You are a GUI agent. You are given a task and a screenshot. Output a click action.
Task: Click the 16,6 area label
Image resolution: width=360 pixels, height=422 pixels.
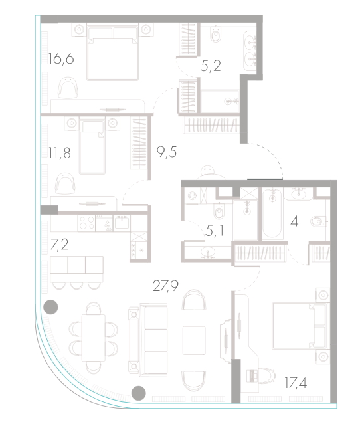click(x=61, y=58)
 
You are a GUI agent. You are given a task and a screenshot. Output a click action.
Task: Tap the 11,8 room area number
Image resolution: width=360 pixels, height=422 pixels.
click(x=60, y=153)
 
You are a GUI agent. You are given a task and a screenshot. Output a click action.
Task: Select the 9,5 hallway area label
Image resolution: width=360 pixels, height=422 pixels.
click(x=167, y=152)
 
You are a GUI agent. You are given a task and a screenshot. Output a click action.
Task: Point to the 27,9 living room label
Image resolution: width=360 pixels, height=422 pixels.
click(x=166, y=286)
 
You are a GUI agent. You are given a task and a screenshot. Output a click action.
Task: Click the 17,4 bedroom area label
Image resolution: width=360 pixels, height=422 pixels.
click(x=296, y=383)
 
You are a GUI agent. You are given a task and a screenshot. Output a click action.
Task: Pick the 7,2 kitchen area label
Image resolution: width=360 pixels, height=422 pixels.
click(x=59, y=245)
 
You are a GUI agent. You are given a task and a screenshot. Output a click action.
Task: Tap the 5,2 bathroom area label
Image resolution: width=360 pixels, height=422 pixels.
click(x=211, y=66)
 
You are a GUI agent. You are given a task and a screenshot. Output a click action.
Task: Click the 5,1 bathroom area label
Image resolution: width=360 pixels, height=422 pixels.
click(x=215, y=231)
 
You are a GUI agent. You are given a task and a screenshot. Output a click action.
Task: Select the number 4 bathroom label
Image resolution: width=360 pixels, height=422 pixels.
click(x=294, y=221)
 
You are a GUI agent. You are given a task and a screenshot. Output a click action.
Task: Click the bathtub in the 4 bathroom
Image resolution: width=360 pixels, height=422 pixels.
click(x=272, y=214)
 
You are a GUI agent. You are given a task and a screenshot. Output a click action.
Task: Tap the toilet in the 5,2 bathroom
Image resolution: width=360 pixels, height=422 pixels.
click(x=216, y=34)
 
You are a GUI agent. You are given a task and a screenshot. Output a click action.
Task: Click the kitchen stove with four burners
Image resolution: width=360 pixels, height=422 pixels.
click(x=86, y=223)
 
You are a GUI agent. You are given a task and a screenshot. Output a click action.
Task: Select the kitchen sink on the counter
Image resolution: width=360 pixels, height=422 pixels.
click(x=122, y=223)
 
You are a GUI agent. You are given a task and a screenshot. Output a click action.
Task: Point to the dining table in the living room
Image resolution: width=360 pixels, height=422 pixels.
click(x=94, y=338)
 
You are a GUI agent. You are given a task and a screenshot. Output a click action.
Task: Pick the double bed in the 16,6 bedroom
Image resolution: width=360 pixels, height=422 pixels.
click(x=112, y=52)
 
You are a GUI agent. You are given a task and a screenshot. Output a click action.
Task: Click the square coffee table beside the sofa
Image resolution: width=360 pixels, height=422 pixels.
click(x=194, y=340)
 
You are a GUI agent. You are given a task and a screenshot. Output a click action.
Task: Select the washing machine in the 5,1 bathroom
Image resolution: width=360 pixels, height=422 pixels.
click(x=192, y=195)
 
